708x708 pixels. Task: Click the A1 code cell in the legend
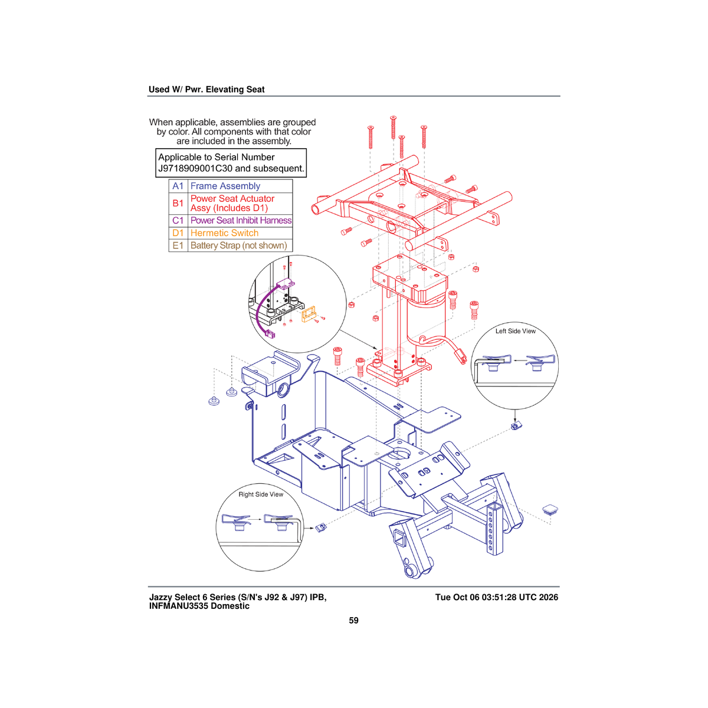click(x=178, y=186)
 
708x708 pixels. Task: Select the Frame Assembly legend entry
click(x=225, y=186)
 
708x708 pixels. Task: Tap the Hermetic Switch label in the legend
click(x=224, y=233)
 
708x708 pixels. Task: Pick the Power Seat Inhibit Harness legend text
click(x=241, y=221)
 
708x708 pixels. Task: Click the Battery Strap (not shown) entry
click(x=239, y=245)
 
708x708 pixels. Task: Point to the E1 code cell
click(x=178, y=245)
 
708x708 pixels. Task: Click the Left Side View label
click(x=516, y=331)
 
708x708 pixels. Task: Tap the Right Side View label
click(x=261, y=494)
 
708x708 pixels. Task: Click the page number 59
click(x=353, y=620)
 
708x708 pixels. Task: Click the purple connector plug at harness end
click(x=270, y=335)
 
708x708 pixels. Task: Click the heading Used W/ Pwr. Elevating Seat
click(x=206, y=89)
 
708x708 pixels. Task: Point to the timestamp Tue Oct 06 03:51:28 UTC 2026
click(x=497, y=598)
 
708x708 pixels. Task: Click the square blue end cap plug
click(x=550, y=509)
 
